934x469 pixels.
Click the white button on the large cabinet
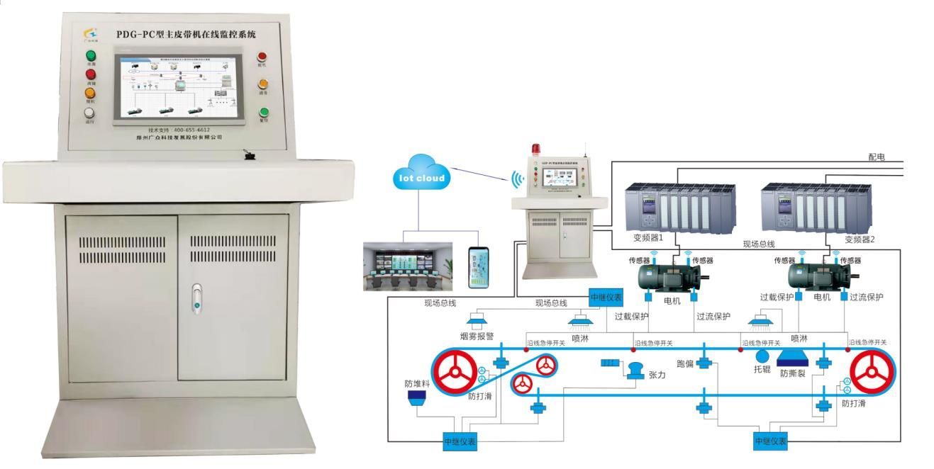(x=90, y=112)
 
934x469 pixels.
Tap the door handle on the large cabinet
(x=196, y=299)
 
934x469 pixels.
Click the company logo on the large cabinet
(x=91, y=33)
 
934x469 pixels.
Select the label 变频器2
(x=860, y=239)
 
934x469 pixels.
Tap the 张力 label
(x=657, y=375)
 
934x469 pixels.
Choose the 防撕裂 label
(x=794, y=373)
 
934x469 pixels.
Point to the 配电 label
(x=877, y=157)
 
